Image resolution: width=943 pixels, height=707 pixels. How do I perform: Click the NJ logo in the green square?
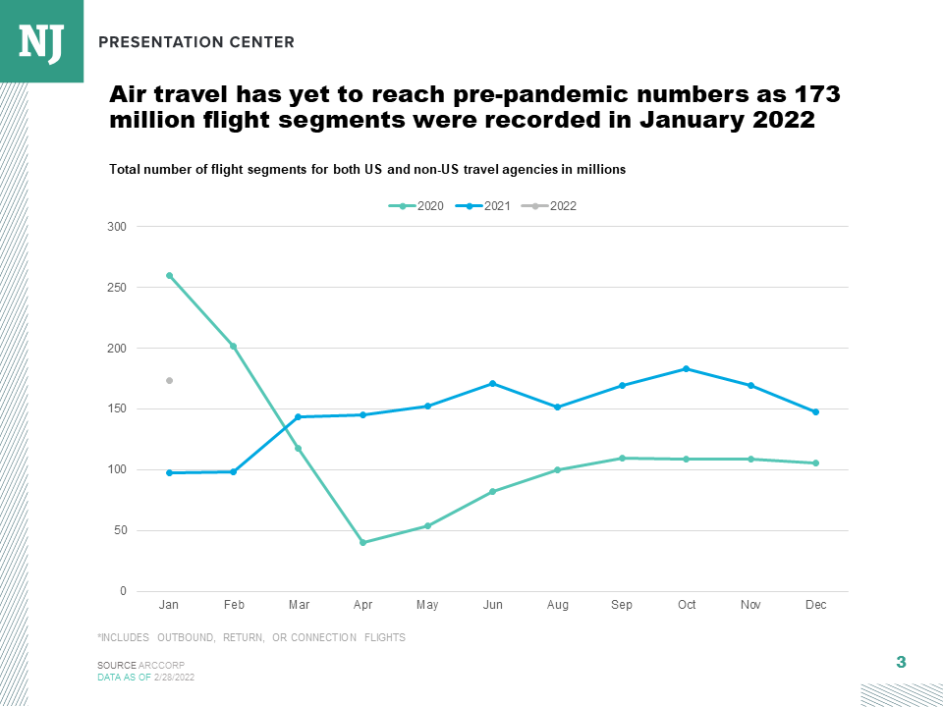[40, 41]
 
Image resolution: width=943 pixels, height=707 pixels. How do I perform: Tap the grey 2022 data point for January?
[169, 380]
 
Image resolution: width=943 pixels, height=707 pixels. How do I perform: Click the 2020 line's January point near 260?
[169, 276]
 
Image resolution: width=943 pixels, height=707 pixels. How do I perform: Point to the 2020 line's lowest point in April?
[362, 542]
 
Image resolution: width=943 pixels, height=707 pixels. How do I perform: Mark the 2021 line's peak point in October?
[687, 369]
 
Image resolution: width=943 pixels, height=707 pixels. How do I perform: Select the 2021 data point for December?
[815, 411]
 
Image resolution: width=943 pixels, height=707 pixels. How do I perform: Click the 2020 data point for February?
[234, 346]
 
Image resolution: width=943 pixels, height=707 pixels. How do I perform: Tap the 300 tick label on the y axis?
[117, 227]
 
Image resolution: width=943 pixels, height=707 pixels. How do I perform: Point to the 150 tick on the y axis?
[117, 409]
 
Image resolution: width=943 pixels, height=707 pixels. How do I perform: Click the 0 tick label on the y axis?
[123, 591]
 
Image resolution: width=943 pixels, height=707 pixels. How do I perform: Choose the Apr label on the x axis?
[362, 605]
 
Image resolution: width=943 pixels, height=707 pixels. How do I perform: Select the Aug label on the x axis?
[557, 605]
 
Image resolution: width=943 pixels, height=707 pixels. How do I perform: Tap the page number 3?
[901, 662]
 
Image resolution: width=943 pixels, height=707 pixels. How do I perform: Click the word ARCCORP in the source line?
[162, 666]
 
